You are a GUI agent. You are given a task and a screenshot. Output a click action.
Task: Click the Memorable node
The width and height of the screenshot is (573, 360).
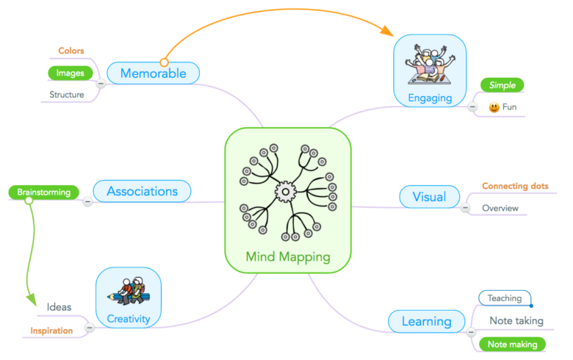pyautogui.click(x=153, y=73)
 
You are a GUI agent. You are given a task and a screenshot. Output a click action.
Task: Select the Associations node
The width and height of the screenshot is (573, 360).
pyautogui.click(x=142, y=192)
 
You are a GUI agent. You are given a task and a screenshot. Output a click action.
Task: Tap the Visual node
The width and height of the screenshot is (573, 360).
pyautogui.click(x=429, y=197)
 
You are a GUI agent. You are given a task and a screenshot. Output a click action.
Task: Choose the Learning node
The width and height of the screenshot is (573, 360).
pyautogui.click(x=426, y=321)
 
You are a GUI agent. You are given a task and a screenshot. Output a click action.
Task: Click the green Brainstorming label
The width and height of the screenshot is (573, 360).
pyautogui.click(x=44, y=192)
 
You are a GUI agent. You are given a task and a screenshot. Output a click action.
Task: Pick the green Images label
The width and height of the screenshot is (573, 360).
pyautogui.click(x=70, y=73)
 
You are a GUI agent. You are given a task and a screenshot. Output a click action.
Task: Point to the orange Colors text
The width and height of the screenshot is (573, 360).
pyautogui.click(x=71, y=51)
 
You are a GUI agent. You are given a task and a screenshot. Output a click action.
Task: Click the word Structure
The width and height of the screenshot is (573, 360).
pyautogui.click(x=67, y=95)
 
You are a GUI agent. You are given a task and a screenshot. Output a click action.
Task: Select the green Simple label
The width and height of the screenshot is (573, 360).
pyautogui.click(x=503, y=85)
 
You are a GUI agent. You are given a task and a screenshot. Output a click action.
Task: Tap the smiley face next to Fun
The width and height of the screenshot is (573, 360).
pyautogui.click(x=494, y=107)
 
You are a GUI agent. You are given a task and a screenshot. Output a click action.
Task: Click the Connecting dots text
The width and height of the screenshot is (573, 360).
pyautogui.click(x=515, y=186)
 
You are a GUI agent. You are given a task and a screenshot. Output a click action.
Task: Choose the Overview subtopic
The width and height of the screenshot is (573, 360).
pyautogui.click(x=500, y=208)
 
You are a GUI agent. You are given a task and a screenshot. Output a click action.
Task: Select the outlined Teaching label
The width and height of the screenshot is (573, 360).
pyautogui.click(x=504, y=298)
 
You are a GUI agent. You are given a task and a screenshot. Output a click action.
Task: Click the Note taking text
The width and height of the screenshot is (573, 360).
pyautogui.click(x=516, y=320)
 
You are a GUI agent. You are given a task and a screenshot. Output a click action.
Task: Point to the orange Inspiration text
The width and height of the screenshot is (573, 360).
pyautogui.click(x=51, y=331)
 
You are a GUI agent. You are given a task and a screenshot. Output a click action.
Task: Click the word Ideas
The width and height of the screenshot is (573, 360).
pyautogui.click(x=59, y=307)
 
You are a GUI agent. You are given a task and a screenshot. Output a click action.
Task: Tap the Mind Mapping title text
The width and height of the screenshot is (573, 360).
pyautogui.click(x=288, y=257)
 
